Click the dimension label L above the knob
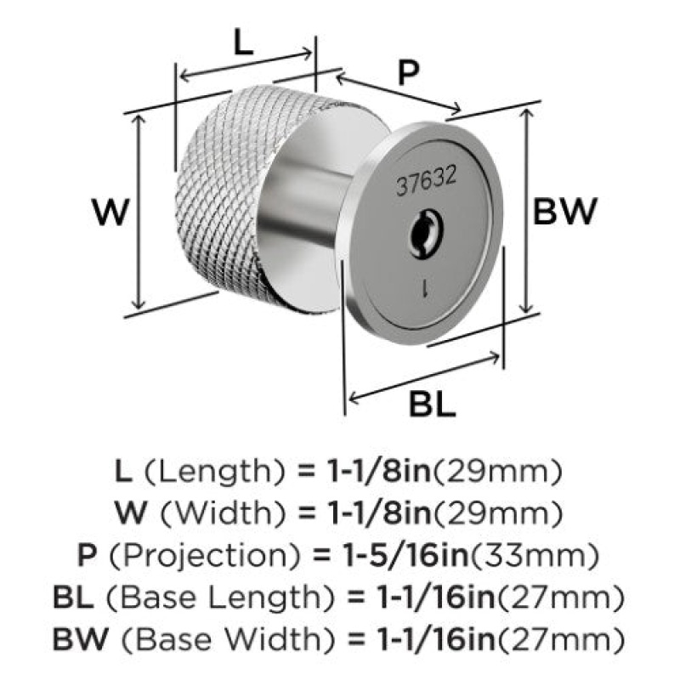[243, 42]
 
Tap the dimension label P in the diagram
[409, 72]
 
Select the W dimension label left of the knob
[110, 212]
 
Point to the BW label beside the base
[564, 211]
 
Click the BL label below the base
[433, 404]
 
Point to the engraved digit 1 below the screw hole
[426, 288]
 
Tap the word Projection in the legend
[205, 557]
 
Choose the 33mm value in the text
[535, 556]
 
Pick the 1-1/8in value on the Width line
[378, 513]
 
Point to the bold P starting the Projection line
[87, 556]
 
